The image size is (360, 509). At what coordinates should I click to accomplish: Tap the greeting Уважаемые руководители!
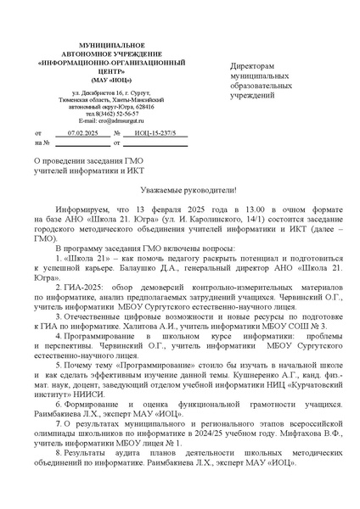[x=179, y=190]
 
